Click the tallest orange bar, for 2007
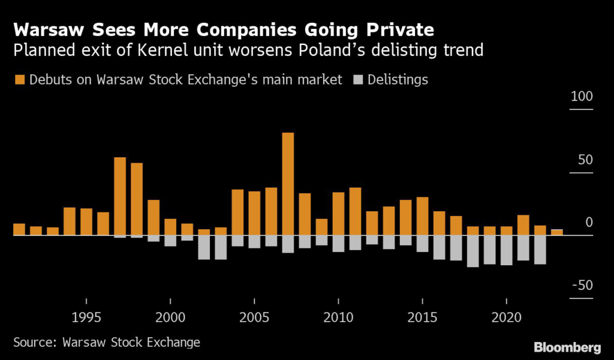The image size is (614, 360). tap(288, 184)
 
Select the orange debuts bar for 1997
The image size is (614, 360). tap(120, 196)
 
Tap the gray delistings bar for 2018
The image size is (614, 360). tap(472, 251)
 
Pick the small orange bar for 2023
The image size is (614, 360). tap(556, 232)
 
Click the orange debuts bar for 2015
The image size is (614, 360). tap(422, 216)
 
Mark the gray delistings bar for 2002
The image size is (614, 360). tap(204, 247)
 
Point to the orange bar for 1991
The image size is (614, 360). tap(19, 229)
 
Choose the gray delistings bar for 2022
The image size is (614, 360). tap(540, 250)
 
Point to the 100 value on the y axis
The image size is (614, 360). tap(581, 97)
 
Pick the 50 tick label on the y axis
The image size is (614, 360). tap(583, 160)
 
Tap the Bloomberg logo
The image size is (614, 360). tap(567, 347)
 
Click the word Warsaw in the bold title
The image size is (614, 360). tap(47, 29)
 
